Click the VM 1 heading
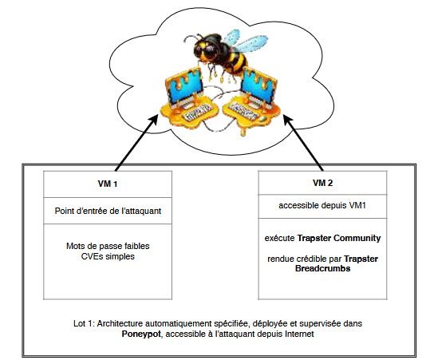(108, 184)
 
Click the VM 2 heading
(323, 183)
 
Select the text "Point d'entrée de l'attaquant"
(108, 211)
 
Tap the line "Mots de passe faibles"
(108, 246)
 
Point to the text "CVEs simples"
(108, 256)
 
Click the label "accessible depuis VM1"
(322, 205)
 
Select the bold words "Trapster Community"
(339, 238)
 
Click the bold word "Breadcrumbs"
(323, 268)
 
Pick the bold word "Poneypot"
(141, 334)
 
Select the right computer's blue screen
(258, 86)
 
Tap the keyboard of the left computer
(196, 113)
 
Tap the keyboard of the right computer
(243, 111)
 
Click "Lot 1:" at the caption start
(84, 323)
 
